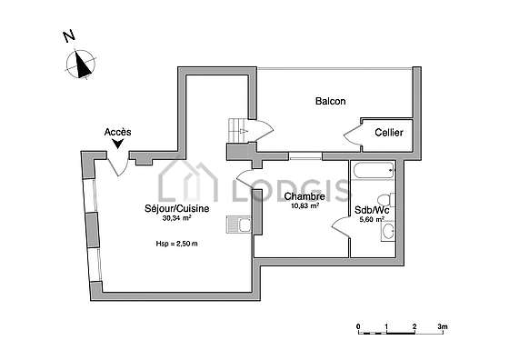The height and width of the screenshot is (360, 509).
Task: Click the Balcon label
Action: coord(331,101)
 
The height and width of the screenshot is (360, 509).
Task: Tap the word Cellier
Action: coord(389,133)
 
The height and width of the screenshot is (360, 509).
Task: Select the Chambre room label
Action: coord(304,196)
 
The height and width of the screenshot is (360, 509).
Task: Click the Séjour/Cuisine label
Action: coord(177,208)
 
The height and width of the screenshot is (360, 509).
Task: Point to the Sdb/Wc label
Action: coord(372,210)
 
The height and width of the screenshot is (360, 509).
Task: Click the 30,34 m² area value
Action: coord(176,218)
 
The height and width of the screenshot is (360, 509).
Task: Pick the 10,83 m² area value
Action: coord(304,205)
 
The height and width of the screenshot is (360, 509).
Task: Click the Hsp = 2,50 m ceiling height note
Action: coord(177,244)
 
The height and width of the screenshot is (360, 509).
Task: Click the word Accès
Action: coord(118,132)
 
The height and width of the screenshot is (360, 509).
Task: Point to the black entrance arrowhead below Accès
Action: coord(118,143)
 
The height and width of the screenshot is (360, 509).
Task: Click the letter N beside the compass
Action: coord(69,35)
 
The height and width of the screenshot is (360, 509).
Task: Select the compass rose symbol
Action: coord(81,64)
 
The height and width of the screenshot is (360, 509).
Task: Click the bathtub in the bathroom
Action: coord(374,171)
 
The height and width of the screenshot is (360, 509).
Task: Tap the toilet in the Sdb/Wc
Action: coord(386,200)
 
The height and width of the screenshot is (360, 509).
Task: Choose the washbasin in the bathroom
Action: coord(388,231)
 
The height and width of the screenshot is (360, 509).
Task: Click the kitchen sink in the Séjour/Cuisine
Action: coord(238,225)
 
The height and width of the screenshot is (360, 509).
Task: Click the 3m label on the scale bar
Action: coord(443,326)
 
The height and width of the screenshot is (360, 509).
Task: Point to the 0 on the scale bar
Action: coord(358,326)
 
